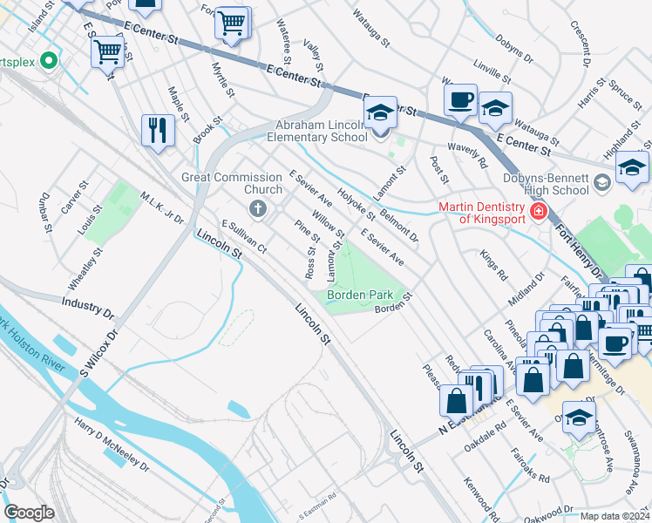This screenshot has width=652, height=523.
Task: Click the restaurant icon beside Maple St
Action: pos(158,130)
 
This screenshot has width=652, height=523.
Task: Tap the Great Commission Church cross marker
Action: pos(257,207)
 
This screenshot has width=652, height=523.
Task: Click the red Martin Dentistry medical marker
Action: pos(538,211)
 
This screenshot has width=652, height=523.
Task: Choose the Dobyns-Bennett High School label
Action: pos(546,184)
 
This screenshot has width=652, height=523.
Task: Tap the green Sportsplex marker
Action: pos(49,62)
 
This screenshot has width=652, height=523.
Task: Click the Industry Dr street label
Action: pos(88,306)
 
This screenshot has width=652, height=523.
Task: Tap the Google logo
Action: pos(29,512)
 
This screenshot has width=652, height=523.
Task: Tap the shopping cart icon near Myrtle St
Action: pos(231,24)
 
